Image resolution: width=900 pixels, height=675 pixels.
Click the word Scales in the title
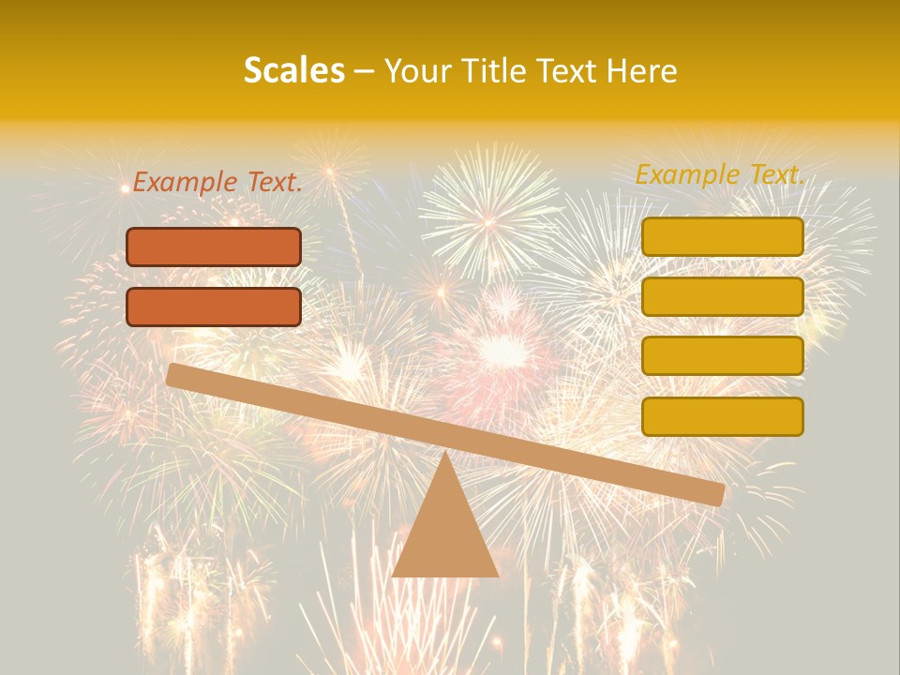pos(293,70)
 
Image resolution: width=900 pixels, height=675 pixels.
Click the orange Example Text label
pos(217,183)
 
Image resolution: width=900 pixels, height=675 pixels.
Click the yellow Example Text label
pos(720,174)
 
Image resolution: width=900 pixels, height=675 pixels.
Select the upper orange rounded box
pos(214,247)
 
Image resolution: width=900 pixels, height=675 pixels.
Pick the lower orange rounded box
pos(214,307)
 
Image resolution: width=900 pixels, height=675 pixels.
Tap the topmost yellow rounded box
pos(722,236)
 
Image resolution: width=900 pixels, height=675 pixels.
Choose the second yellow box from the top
pos(722,296)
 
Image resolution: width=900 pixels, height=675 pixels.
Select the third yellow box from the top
pos(722,356)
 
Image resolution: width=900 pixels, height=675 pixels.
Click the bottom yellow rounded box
pos(722,416)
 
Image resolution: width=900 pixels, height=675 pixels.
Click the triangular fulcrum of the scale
pos(445,534)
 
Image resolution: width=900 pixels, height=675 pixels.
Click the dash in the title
pos(364,71)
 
